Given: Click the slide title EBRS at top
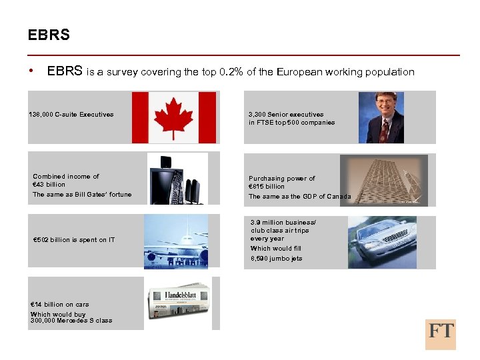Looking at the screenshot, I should click(49, 35).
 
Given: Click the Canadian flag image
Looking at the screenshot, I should click(174, 117).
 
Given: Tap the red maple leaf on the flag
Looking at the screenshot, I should click(174, 117).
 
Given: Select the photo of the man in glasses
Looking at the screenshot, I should click(381, 117).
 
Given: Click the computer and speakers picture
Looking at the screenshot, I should click(177, 179).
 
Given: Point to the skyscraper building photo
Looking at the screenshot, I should click(383, 180).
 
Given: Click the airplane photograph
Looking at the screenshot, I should click(176, 241).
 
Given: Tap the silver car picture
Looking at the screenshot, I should click(382, 242).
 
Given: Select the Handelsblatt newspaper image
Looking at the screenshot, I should click(177, 303).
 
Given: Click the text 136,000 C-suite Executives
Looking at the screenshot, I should click(71, 115).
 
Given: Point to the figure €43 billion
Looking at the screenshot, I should click(49, 185).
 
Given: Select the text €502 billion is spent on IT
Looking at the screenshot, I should click(74, 240).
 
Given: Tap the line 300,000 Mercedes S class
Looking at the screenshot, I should click(71, 321).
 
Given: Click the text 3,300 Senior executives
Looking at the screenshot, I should click(286, 115).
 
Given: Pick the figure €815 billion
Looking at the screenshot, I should click(267, 187).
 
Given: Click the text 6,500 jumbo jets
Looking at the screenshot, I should click(276, 259).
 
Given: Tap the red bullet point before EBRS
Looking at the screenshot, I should click(31, 71).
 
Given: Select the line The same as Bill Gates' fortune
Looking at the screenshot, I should click(82, 195).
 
